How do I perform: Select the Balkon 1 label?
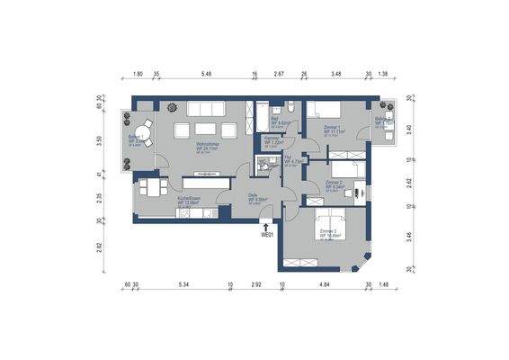point(138,138)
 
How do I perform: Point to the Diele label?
point(254,199)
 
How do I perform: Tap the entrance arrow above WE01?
point(266,225)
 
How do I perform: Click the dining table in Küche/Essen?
point(150,189)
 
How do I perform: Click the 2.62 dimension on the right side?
point(409,181)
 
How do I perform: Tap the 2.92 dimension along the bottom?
point(255,285)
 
